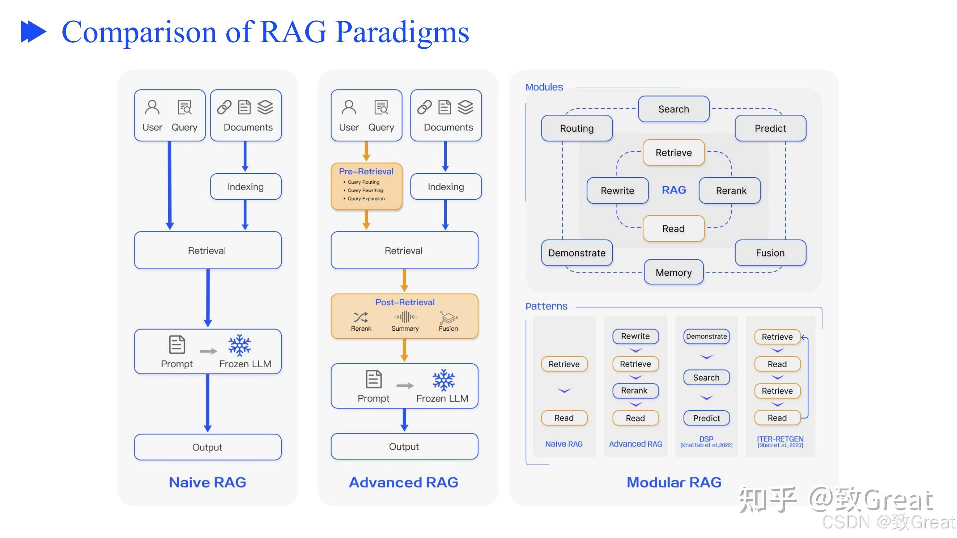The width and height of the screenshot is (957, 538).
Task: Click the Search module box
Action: pos(673,109)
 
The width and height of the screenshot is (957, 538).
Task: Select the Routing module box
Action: pos(577,128)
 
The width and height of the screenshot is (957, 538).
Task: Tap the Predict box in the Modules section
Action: pos(770,128)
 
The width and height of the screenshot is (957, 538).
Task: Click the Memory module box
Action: pos(673,273)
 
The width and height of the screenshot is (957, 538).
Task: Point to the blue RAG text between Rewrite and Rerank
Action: pos(674,190)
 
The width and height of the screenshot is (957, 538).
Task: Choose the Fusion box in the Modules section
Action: pos(770,253)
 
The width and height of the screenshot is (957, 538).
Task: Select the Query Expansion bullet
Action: pos(366,199)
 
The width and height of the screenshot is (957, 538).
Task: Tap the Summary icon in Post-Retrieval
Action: pos(405,317)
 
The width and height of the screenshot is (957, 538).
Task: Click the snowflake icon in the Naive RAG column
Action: pos(239,345)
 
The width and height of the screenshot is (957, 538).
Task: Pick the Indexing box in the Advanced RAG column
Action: pos(445,187)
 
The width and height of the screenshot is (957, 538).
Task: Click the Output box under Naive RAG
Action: pos(207,447)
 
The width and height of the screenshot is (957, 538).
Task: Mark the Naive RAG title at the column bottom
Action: pos(207,482)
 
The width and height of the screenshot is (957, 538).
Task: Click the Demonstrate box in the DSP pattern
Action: pos(706,336)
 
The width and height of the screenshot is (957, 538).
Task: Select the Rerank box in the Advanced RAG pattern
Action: pos(635,391)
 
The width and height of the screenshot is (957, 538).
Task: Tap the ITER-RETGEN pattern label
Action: pos(780,439)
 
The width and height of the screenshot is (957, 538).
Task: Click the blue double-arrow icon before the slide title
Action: pos(33,32)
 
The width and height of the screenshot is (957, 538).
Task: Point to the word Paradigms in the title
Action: pos(402,33)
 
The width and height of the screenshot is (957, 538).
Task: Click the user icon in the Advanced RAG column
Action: pos(348,108)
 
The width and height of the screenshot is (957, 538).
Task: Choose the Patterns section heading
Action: pos(546,306)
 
